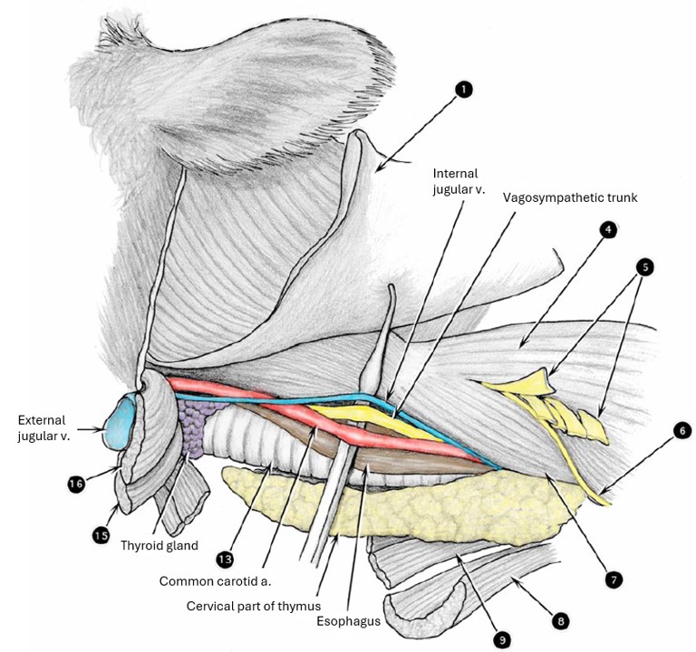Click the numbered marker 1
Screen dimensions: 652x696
[464, 89]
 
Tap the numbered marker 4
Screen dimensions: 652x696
[608, 229]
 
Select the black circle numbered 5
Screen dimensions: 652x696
[645, 267]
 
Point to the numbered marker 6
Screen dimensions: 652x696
[681, 433]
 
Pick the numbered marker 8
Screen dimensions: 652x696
[562, 621]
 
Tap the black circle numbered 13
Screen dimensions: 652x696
[224, 557]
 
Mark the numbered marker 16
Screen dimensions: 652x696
[75, 484]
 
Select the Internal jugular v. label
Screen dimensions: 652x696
[455, 181]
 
